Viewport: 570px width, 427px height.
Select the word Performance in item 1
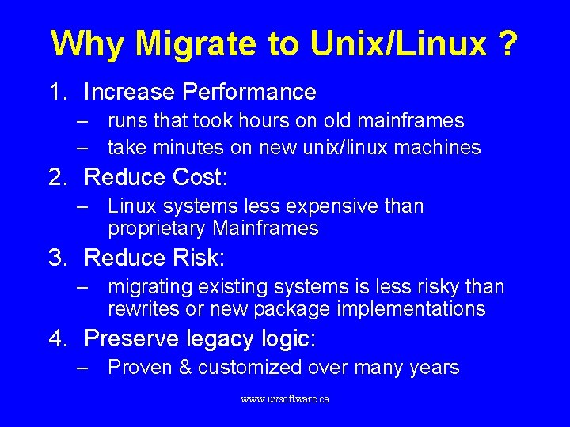pyautogui.click(x=249, y=93)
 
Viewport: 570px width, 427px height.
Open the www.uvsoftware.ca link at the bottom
pyautogui.click(x=285, y=399)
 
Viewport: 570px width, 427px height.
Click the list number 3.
pyautogui.click(x=57, y=258)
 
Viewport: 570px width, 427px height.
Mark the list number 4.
pyautogui.click(x=57, y=338)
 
